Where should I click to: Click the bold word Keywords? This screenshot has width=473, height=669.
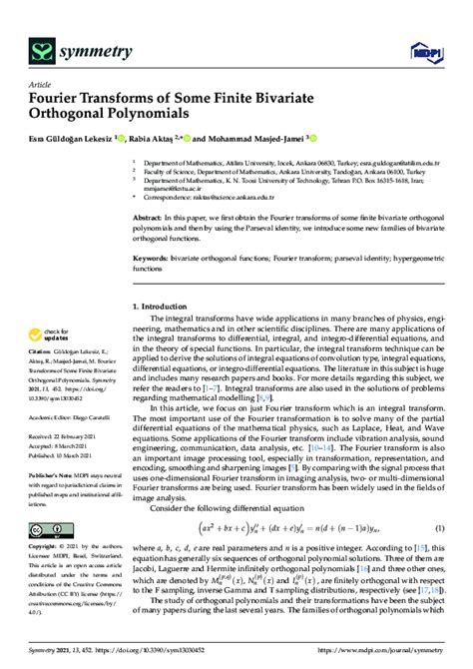pos(153,258)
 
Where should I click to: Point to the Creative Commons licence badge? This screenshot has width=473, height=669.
pos(51,531)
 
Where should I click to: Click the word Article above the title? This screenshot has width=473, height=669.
pos(41,84)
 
